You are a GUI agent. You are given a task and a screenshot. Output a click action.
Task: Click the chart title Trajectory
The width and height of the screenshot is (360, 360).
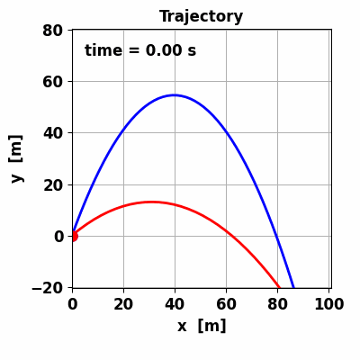[x=201, y=16]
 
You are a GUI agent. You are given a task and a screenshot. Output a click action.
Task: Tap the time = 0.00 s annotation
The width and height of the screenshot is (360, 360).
[x=140, y=50]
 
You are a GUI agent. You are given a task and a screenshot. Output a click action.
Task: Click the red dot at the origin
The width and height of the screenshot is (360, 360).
[x=73, y=236]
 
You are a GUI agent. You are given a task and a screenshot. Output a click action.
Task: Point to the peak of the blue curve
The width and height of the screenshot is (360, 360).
[x=175, y=95]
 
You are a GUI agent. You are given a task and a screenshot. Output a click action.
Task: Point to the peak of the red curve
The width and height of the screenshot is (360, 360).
[x=152, y=202]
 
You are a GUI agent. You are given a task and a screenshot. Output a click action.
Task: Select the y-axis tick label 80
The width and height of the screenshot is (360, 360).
[x=53, y=31]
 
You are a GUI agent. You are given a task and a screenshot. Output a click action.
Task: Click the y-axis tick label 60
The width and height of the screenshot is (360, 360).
[x=53, y=82]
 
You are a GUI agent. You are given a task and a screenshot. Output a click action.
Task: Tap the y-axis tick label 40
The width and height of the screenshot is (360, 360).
[x=53, y=133]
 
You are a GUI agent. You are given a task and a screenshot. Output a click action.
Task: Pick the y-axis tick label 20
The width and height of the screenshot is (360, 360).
[x=53, y=184]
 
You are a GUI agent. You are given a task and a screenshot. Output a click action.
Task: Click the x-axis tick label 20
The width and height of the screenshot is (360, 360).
[x=124, y=304]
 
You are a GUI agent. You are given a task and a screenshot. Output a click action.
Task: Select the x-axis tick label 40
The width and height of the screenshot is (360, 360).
[x=175, y=304]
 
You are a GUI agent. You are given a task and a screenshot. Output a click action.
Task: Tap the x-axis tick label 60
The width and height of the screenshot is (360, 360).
[x=227, y=304]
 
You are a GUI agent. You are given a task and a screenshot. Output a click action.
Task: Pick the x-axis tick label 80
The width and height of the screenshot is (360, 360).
[x=278, y=304]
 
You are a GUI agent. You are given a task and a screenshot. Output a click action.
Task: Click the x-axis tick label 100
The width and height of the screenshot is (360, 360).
[x=329, y=304]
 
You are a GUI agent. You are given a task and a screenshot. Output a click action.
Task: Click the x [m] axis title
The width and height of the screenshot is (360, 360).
[x=202, y=326]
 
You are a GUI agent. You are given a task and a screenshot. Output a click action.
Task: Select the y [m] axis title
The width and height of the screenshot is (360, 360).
[x=16, y=158]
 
